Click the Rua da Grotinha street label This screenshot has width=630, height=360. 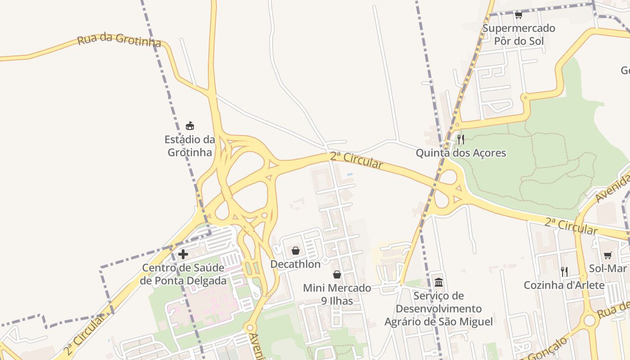119,40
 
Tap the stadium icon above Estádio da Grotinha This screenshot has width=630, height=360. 190,126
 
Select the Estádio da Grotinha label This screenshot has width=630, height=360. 190,146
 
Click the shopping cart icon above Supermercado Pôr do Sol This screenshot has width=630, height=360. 518,15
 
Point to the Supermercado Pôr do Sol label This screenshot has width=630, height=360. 519,35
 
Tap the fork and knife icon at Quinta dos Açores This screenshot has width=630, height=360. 460,139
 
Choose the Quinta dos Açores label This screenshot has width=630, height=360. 461,153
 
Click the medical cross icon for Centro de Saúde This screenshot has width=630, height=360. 183,254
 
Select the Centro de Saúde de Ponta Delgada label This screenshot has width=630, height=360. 183,274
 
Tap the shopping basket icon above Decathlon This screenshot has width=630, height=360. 296,251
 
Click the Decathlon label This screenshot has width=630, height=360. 295,264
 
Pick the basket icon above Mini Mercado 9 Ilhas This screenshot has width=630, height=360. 337,274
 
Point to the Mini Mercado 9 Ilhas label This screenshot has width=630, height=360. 337,294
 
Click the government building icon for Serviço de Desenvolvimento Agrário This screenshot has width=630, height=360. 439,283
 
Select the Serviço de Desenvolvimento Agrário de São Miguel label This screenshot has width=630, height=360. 439,309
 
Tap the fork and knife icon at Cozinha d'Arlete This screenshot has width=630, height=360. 564,271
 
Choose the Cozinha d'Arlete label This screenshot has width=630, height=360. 564,285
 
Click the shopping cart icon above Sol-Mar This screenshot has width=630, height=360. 607,255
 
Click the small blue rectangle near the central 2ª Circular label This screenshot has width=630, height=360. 350,174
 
